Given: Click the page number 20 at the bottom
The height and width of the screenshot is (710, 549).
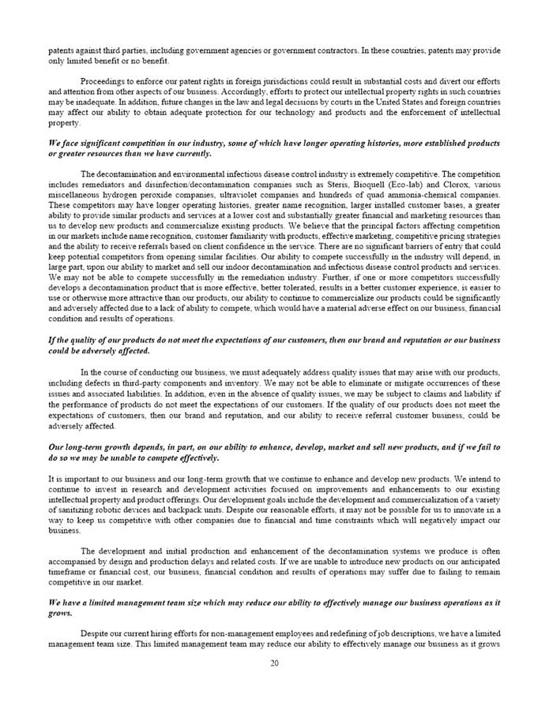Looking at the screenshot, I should point(274,663).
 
